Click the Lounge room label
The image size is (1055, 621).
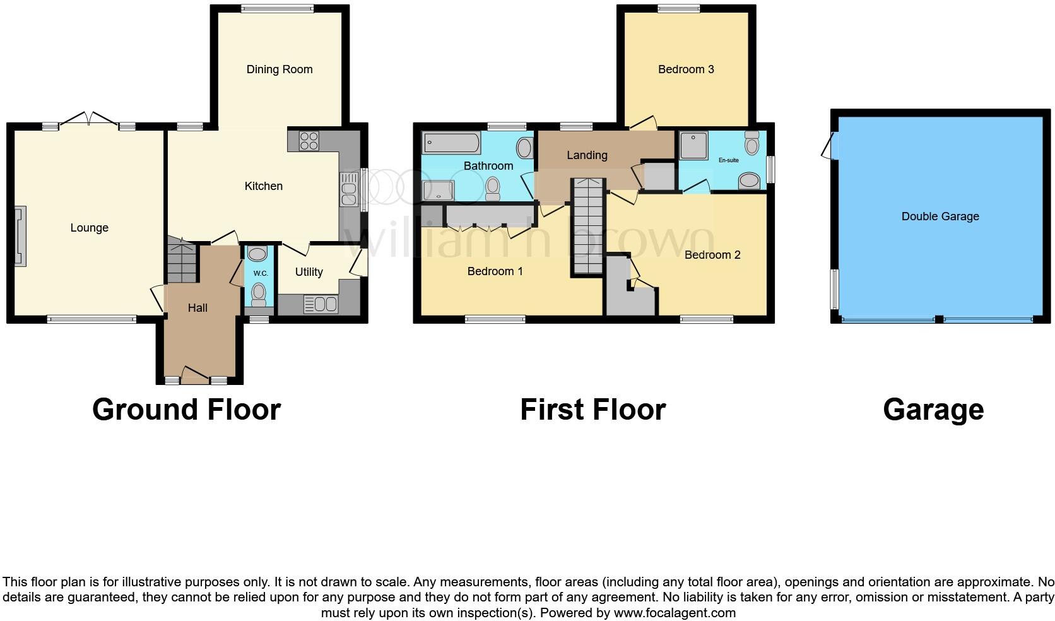[89, 228]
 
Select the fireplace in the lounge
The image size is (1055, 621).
[20, 236]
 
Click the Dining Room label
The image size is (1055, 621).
[280, 69]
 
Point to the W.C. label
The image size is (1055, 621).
[261, 273]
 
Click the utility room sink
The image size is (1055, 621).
[321, 304]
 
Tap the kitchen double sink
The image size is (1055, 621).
[348, 189]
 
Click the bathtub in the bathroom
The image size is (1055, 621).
[451, 142]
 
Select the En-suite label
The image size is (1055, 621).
[729, 160]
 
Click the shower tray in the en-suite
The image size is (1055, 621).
[693, 146]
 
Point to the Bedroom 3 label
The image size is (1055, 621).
[686, 69]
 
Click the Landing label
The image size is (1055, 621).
[587, 155]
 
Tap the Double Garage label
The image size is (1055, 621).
[940, 216]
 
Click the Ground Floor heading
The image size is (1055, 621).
[186, 410]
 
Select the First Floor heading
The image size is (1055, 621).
[592, 410]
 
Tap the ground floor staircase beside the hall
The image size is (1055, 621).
[182, 261]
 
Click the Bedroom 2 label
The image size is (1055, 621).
[712, 255]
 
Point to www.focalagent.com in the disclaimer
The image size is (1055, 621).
[675, 613]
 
